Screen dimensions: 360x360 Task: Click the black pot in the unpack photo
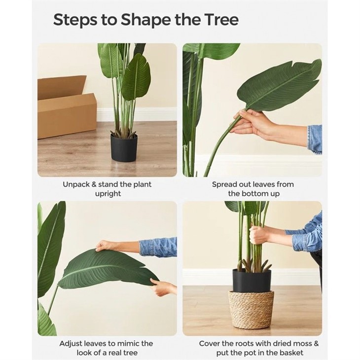124,148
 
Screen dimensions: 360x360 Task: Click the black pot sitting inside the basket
252,280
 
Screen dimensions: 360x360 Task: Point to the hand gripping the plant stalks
259,234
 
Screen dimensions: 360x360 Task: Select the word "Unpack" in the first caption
77,184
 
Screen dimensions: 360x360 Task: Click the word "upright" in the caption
108,194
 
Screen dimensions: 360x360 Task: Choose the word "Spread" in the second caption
225,184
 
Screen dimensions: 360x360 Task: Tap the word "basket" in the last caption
291,353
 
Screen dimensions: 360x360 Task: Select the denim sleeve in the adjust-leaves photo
157,246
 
